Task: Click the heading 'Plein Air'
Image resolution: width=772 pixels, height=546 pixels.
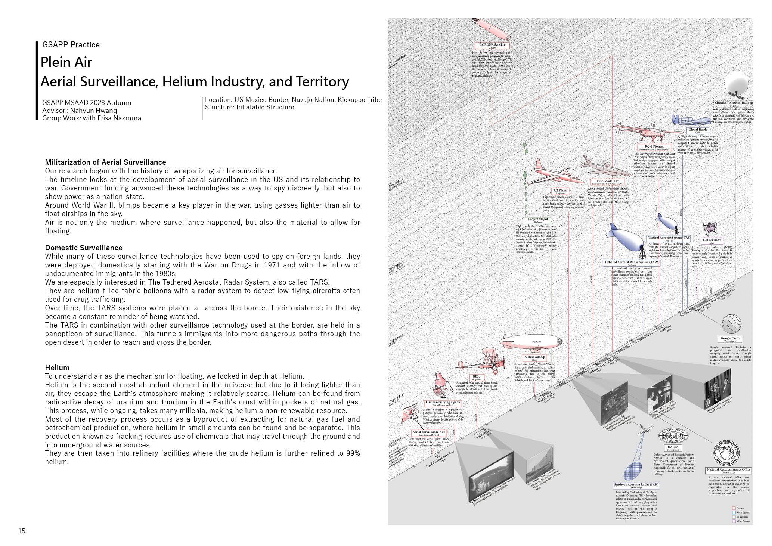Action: click(66, 62)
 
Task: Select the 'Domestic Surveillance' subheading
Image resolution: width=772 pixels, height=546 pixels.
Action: click(84, 248)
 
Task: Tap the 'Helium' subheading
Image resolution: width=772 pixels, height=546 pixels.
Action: click(57, 367)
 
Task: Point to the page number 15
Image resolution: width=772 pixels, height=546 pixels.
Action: click(22, 531)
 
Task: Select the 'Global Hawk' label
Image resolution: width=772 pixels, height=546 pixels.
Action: click(697, 130)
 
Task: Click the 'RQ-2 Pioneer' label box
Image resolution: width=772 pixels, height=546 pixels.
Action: click(654, 147)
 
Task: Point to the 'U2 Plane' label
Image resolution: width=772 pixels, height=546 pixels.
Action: click(560, 191)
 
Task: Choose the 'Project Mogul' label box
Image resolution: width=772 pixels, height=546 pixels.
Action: click(538, 220)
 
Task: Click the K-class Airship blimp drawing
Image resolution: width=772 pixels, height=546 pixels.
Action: click(530, 342)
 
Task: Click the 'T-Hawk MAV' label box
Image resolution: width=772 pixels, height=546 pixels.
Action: click(711, 241)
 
